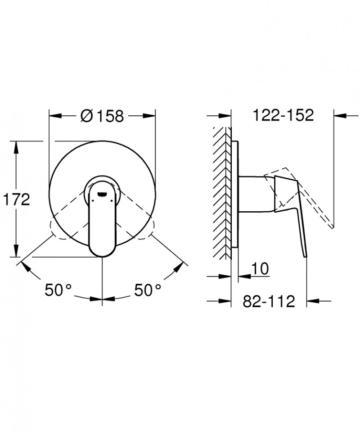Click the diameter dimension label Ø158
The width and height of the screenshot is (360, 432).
pyautogui.click(x=102, y=116)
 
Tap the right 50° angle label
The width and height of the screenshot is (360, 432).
pyautogui.click(x=147, y=291)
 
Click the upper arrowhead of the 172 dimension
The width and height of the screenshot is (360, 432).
pyautogui.click(x=17, y=146)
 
